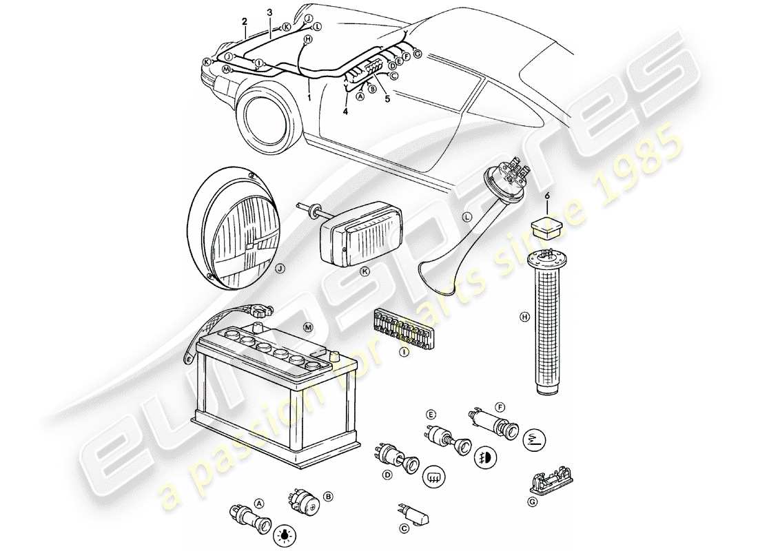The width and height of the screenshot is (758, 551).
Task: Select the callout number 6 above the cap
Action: coord(548,196)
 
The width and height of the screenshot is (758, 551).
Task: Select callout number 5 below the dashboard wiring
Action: coord(387,98)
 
